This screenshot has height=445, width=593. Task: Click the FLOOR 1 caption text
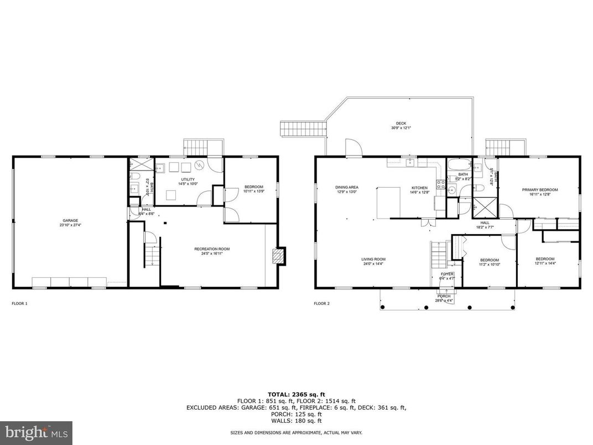click(x=19, y=303)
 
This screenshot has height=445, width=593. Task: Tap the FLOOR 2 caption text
click(x=321, y=303)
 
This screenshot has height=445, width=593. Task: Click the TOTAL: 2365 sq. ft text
click(x=296, y=395)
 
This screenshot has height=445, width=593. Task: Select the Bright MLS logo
click(x=37, y=430)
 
